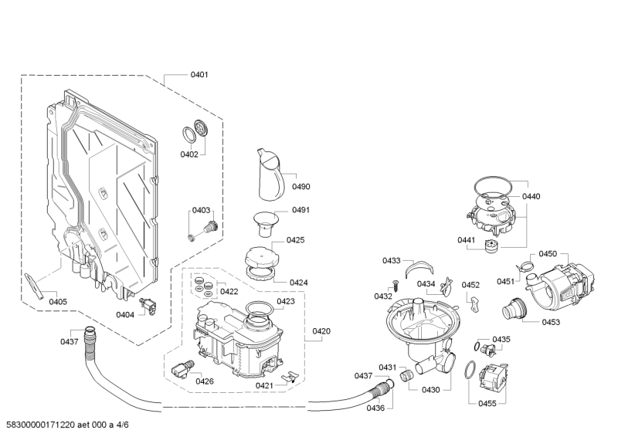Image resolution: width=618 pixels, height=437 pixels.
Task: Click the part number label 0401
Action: click(199, 75)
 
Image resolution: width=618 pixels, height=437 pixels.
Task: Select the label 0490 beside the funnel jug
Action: click(301, 187)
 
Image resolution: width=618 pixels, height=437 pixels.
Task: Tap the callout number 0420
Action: click(321, 331)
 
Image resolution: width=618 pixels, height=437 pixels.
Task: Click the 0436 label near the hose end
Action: click(375, 407)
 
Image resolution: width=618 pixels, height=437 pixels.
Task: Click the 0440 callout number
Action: click(531, 197)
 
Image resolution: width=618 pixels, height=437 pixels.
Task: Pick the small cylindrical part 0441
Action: click(488, 246)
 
